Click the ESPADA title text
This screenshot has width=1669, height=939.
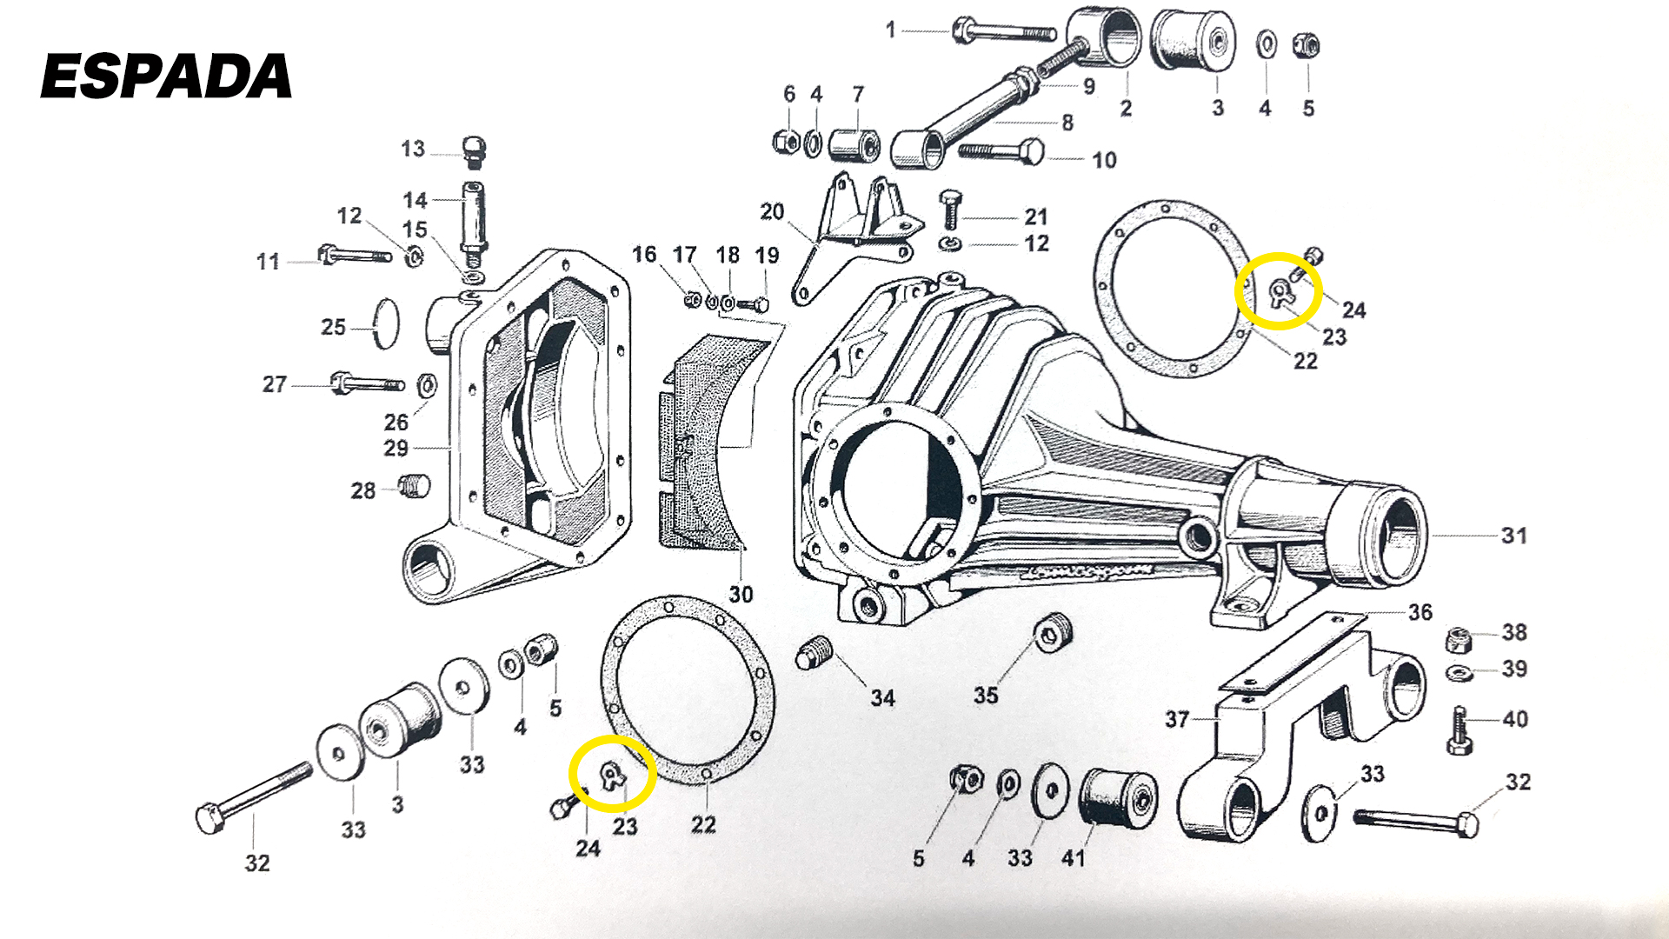pos(166,76)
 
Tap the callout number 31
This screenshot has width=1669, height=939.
pos(1513,536)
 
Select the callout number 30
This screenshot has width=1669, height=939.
pos(741,595)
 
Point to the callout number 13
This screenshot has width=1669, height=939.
pos(413,149)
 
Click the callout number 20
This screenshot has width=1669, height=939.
pos(772,211)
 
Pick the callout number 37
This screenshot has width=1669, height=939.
pos(1177,719)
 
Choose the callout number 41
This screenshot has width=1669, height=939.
pos(1074,858)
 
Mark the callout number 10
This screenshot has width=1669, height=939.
pos(1104,160)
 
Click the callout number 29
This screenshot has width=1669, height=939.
pos(396,448)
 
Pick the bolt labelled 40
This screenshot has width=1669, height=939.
pos(1460,730)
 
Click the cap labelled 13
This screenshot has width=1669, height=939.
pos(473,151)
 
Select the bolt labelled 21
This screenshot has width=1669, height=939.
pos(950,210)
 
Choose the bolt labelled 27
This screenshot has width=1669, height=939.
pos(365,383)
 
